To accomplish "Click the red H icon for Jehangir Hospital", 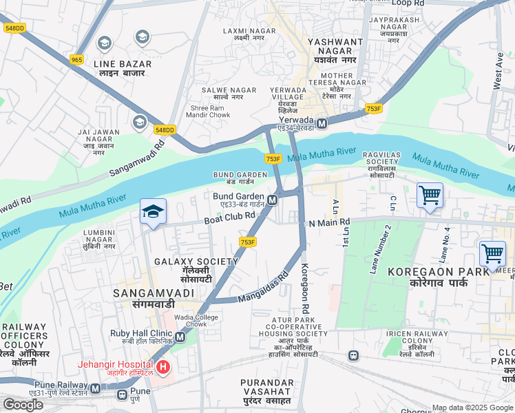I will coord(162,367).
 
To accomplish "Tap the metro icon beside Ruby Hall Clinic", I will coord(180,337).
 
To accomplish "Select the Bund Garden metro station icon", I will coord(273,200).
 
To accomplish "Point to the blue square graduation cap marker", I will coord(153,211).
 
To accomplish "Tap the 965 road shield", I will coord(76,61).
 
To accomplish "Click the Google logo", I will coord(23,404).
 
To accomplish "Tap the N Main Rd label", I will coord(330,222).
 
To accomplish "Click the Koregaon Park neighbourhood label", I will coord(428,277).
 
